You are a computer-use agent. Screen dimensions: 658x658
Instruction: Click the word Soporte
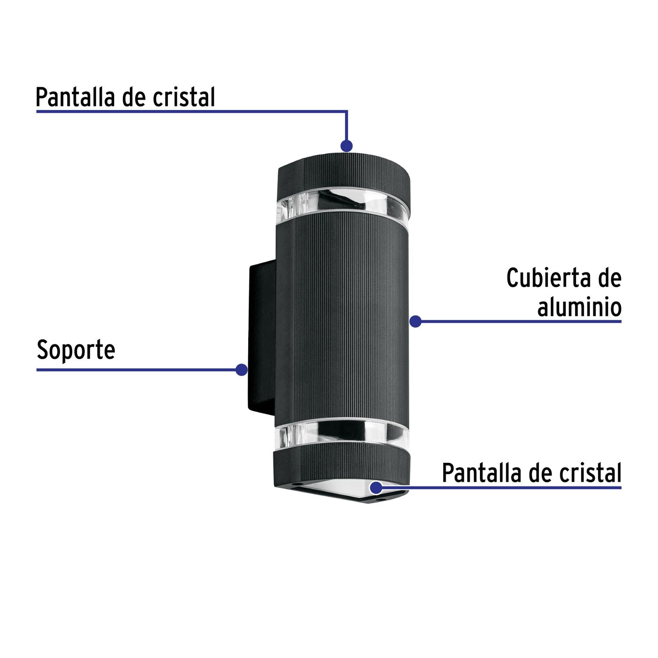pyautogui.click(x=76, y=350)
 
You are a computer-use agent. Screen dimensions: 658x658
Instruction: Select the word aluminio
pyautogui.click(x=579, y=307)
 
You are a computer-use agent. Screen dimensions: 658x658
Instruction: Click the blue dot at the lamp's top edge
pyautogui.click(x=347, y=146)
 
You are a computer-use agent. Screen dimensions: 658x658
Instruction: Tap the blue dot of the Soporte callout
pyautogui.click(x=241, y=370)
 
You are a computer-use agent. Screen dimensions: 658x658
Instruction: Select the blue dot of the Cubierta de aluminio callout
pyautogui.click(x=415, y=322)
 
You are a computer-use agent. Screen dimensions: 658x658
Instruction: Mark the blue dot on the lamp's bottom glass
pyautogui.click(x=376, y=487)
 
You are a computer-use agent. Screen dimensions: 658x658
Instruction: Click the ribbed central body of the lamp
pyautogui.click(x=342, y=316)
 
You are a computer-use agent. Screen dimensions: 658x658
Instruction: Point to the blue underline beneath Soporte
pyautogui.click(x=132, y=370)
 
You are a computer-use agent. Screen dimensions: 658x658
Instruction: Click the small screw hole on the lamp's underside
pyautogui.click(x=379, y=498)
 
